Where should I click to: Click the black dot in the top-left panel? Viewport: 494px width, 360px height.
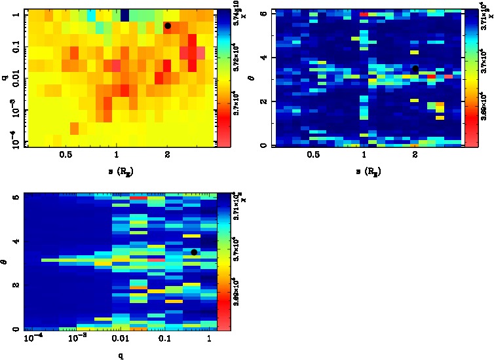(x=168, y=26)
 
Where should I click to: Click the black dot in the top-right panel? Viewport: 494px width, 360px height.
(x=415, y=69)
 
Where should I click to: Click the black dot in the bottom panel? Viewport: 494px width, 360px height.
(x=194, y=252)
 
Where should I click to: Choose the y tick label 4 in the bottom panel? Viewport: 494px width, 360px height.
(x=14, y=242)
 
